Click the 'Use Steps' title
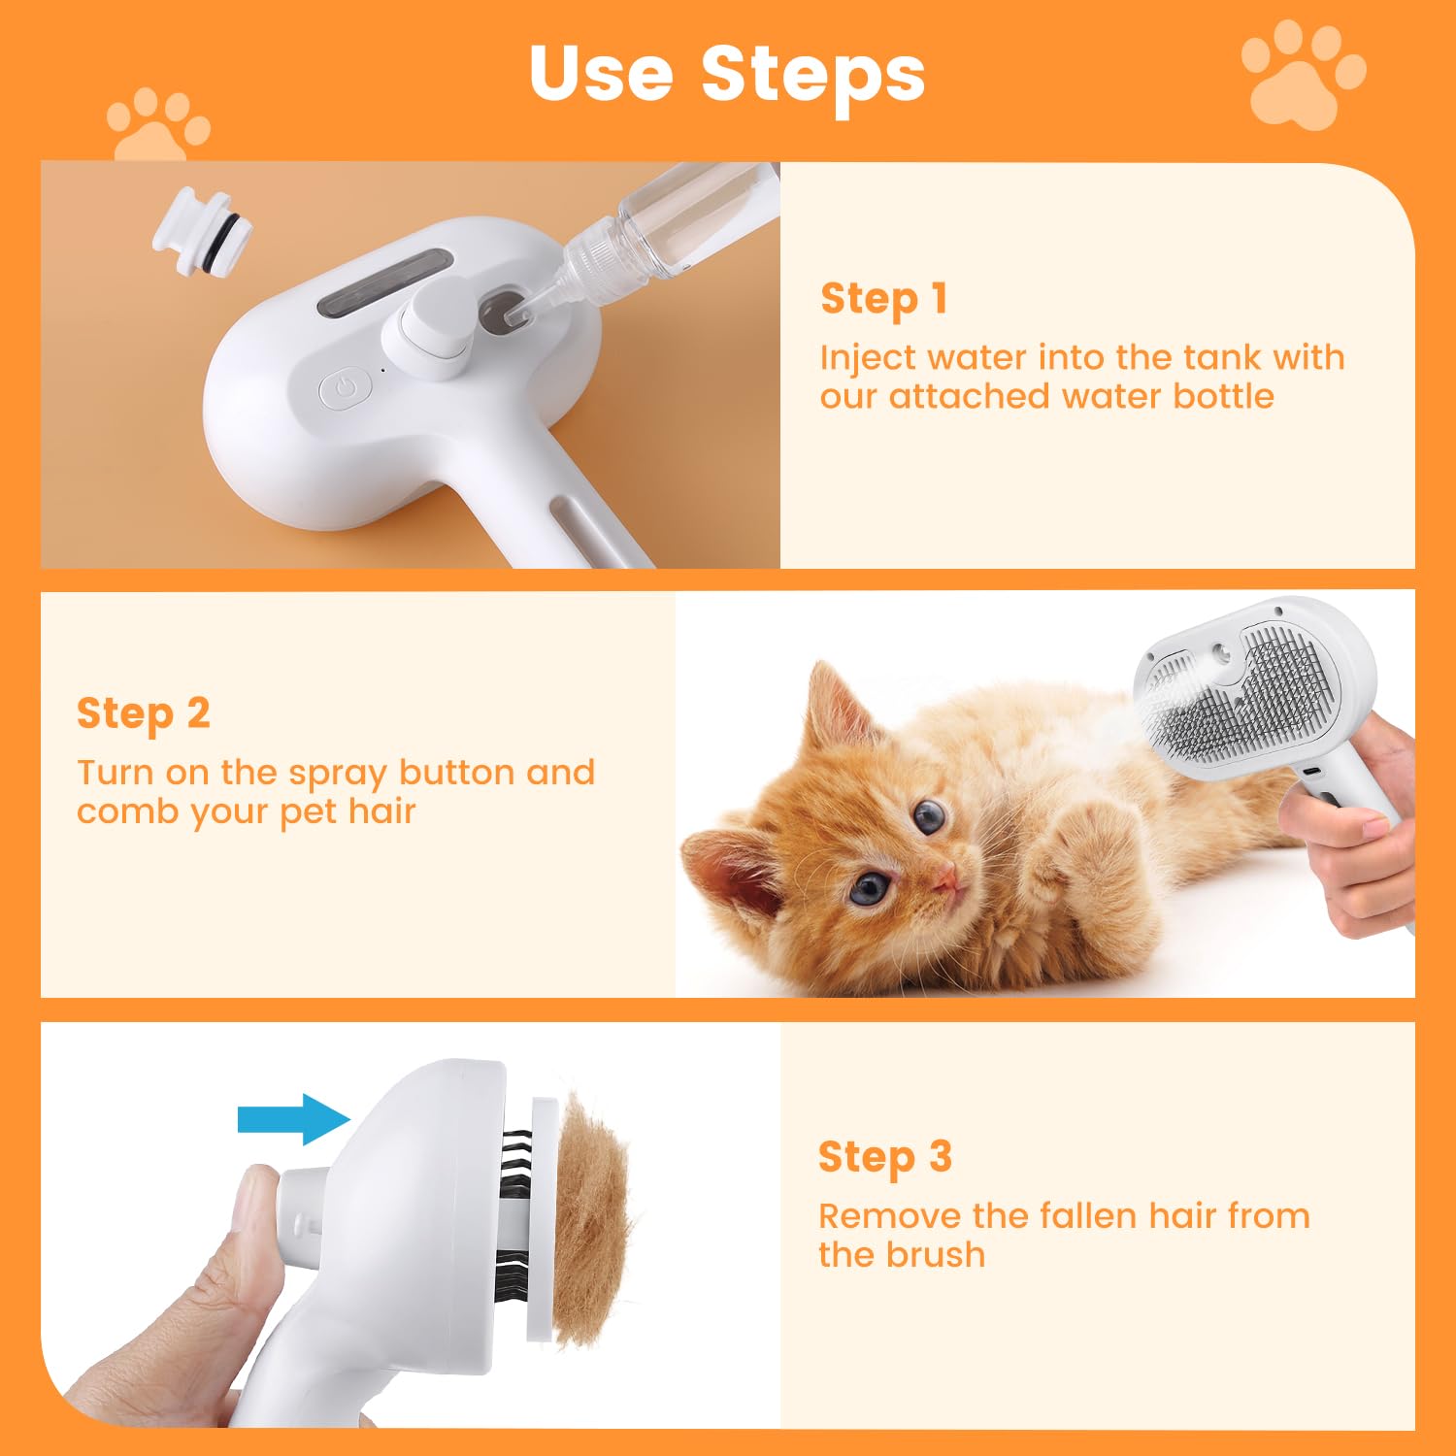coord(727,74)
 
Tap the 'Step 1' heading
coord(883,299)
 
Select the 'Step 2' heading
coord(144,713)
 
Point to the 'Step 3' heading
coord(884,1157)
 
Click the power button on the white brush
coord(346,389)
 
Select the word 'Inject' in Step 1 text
coord(866,358)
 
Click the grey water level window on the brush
coord(384,281)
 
